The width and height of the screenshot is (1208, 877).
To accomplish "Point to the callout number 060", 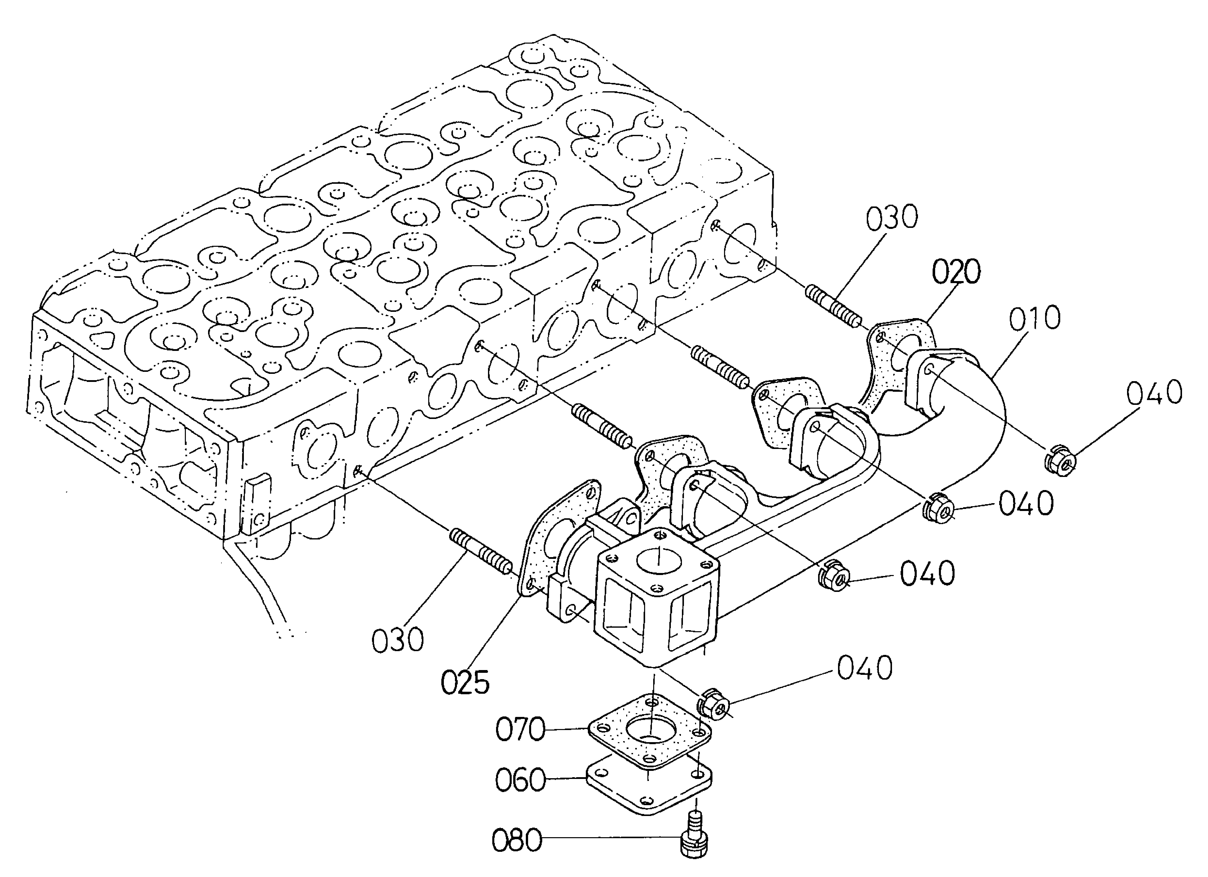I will coord(520,780).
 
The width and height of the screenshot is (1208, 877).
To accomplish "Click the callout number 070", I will coord(520,730).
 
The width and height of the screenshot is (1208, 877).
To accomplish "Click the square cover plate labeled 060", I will coord(650,788).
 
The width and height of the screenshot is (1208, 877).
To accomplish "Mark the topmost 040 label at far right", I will coord(1154,393).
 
